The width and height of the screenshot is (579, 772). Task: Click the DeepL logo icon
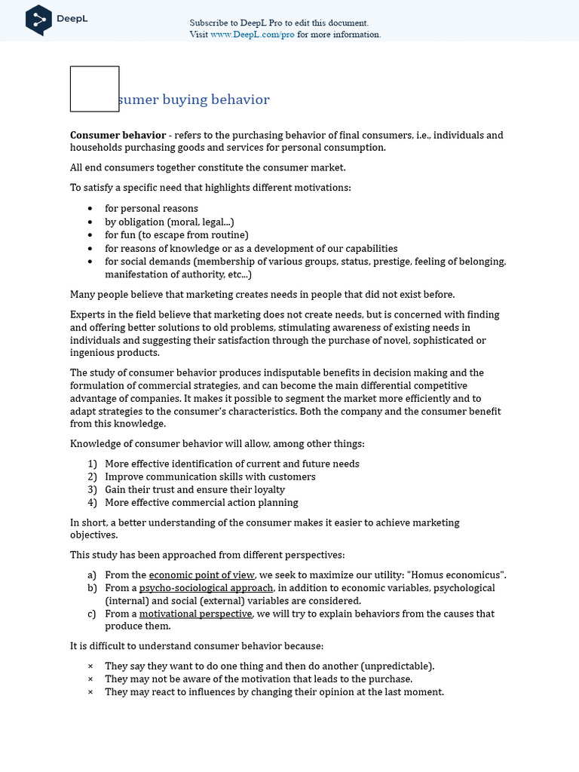click(x=38, y=20)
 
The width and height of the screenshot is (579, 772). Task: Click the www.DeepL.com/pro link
click(x=253, y=34)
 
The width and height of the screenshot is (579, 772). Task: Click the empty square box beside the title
click(x=95, y=89)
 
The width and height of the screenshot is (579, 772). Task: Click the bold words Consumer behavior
click(x=118, y=135)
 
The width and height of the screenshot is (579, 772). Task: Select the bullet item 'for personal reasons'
click(x=151, y=208)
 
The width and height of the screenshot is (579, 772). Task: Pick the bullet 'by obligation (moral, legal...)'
click(x=170, y=222)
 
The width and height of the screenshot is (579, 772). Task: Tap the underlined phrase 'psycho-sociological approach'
click(x=206, y=587)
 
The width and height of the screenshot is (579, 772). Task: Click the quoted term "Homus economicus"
click(x=461, y=574)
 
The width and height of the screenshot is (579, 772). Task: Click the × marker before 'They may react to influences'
click(x=90, y=691)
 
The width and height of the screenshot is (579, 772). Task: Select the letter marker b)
click(x=93, y=587)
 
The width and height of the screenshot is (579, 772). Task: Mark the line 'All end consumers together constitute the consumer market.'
click(x=207, y=167)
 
